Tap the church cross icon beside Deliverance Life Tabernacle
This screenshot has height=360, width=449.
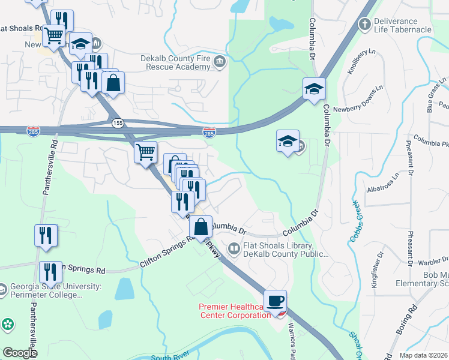(x=363, y=24)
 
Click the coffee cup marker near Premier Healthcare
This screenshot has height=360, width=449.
(x=275, y=301)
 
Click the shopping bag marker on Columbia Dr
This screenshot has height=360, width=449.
(x=202, y=227)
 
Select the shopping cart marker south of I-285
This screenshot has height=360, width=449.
(x=145, y=152)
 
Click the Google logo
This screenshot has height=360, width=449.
(x=20, y=353)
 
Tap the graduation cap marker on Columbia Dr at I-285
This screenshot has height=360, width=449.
(x=313, y=89)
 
